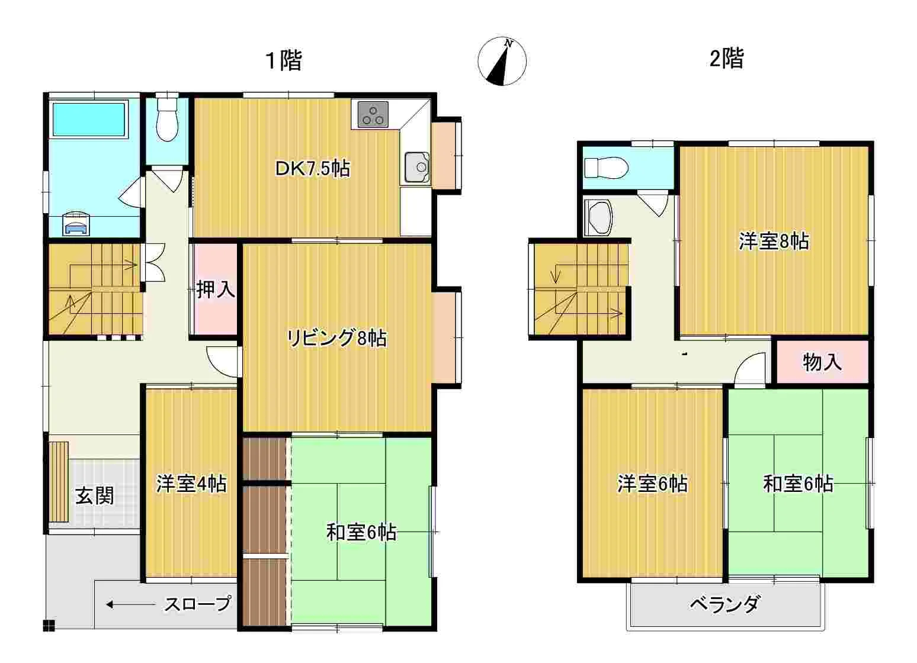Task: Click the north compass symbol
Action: (x=502, y=62)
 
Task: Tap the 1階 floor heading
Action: (x=284, y=60)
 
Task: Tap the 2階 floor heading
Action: (x=727, y=59)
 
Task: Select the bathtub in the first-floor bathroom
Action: (x=89, y=119)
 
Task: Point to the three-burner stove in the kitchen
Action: (x=373, y=114)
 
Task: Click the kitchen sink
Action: (x=417, y=167)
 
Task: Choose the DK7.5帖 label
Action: (x=312, y=169)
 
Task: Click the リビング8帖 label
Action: (x=336, y=338)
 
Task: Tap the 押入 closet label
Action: (x=216, y=289)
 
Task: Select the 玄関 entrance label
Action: (x=95, y=496)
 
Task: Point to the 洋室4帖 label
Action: (x=191, y=484)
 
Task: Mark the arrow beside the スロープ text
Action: (x=130, y=604)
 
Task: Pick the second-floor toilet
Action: (x=606, y=168)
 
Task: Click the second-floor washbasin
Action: (x=598, y=218)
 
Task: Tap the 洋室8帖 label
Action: (x=774, y=242)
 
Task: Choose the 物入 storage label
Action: (x=822, y=362)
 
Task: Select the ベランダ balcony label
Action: (x=725, y=604)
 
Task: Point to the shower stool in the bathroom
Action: (x=76, y=224)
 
